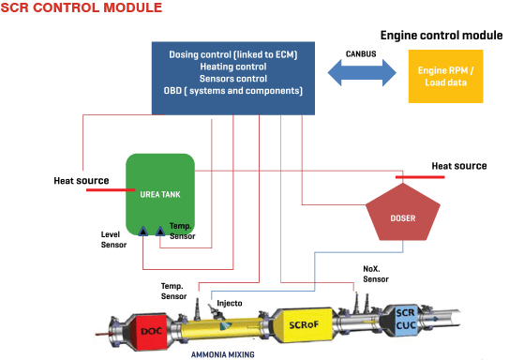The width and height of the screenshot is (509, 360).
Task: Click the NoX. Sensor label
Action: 376,272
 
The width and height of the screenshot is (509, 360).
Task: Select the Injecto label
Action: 229,303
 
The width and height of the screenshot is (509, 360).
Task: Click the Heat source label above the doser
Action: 458,166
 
